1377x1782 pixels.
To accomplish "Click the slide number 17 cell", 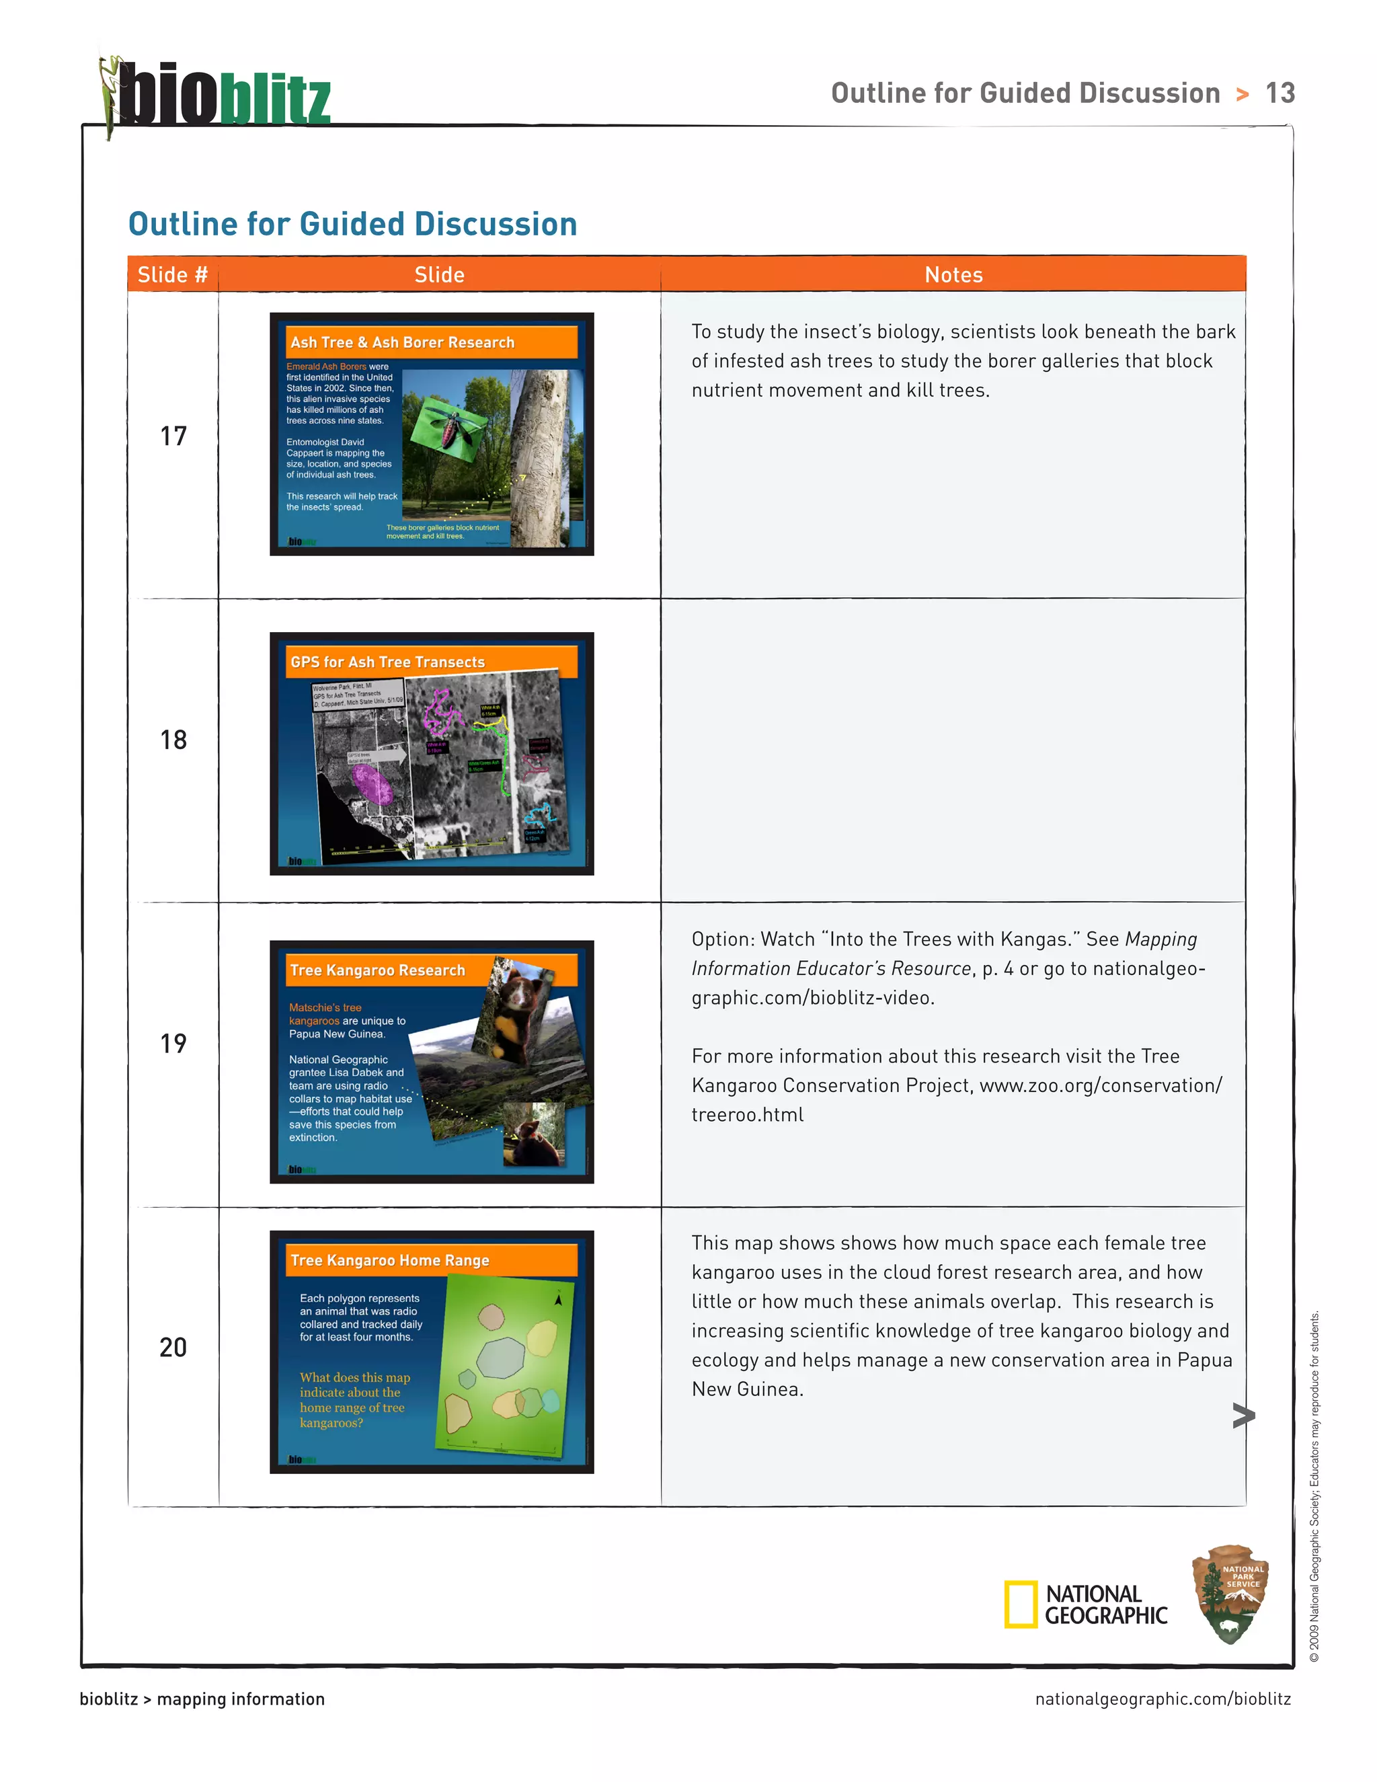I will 173,436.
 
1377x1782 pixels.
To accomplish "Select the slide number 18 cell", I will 173,740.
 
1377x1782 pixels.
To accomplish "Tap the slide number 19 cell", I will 173,1044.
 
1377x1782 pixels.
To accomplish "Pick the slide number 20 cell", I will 173,1347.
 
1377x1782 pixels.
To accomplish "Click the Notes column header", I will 953,275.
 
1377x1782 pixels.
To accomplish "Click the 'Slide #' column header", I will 173,275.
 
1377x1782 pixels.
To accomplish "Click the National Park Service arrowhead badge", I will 1231,1594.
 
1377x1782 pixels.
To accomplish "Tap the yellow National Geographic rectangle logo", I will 1020,1604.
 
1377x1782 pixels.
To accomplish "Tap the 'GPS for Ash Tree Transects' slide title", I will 387,662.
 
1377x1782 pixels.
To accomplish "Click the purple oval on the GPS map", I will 372,785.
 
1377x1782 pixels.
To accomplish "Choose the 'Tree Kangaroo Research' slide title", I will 377,970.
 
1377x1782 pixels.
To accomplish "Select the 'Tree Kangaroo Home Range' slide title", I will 390,1261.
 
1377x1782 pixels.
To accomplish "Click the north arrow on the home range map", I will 558,1300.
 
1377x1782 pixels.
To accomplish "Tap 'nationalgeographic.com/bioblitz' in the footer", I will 1163,1699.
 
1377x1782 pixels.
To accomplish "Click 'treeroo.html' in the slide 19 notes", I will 747,1114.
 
